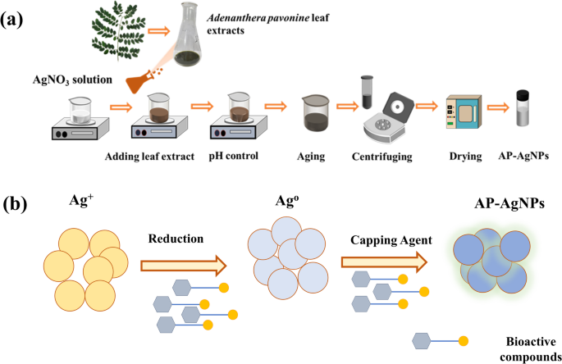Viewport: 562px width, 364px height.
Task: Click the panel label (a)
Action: coord(11,20)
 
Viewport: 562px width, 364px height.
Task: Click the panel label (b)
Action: coord(15,205)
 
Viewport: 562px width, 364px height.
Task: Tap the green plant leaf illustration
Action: coord(119,31)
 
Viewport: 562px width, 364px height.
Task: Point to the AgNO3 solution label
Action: coord(72,80)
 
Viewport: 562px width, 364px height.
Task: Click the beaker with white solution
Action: coord(80,111)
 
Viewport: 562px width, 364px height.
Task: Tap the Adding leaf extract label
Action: coord(149,157)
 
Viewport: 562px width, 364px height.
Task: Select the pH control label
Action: coord(234,156)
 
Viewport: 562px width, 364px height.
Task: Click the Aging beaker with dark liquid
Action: coord(316,112)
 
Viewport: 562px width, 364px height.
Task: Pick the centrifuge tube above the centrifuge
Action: coord(367,92)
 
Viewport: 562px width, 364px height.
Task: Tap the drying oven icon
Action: coord(464,111)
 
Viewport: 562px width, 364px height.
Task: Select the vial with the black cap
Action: coord(523,108)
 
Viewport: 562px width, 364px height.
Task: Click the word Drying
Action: coord(465,157)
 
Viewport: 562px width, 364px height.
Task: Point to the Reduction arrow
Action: coord(184,266)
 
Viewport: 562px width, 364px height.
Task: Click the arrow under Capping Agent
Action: coord(384,262)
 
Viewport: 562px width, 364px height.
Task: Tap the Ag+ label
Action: coord(81,200)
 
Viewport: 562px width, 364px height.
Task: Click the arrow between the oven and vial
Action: coord(498,107)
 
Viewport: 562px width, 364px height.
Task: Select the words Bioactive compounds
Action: coord(531,349)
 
